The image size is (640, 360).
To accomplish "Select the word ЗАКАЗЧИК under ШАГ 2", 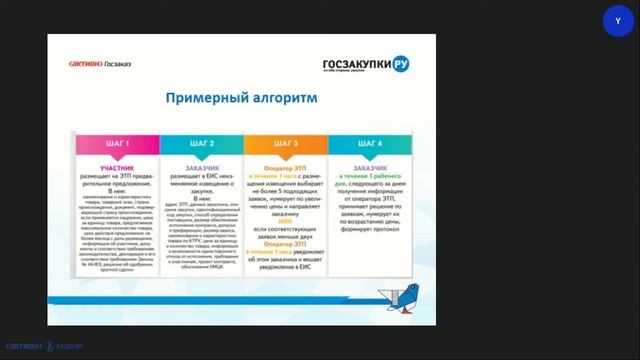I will (201, 166).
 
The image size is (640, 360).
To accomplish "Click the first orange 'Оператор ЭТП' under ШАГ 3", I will (285, 166).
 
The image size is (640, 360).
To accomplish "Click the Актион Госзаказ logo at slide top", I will (100, 63).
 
